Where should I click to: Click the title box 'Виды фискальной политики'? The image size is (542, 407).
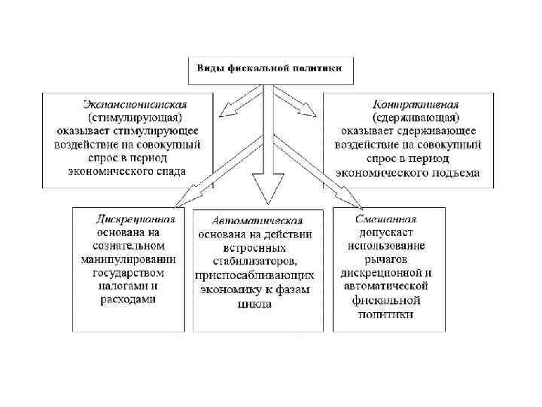pyautogui.click(x=269, y=69)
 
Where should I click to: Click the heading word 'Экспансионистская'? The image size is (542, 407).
pyautogui.click(x=135, y=104)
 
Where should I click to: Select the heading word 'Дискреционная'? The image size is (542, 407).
pyautogui.click(x=136, y=219)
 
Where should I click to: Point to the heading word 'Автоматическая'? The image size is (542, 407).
pyautogui.click(x=257, y=221)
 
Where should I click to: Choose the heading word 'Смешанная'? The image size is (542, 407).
pyautogui.click(x=386, y=219)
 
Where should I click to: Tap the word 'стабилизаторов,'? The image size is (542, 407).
pyautogui.click(x=257, y=261)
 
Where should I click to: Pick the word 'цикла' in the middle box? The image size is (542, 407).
pyautogui.click(x=257, y=303)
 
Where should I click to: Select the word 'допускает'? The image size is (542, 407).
pyautogui.click(x=386, y=232)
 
